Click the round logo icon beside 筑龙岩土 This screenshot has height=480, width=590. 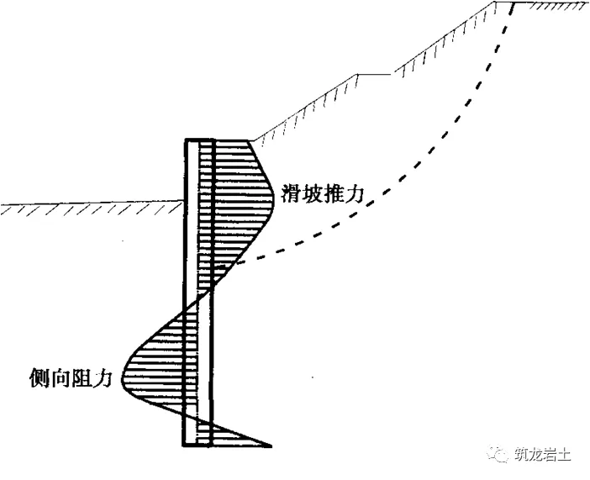click(500, 455)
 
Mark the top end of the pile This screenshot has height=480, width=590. click(199, 139)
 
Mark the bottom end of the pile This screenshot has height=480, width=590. click(199, 446)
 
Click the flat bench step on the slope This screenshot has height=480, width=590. click(375, 74)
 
